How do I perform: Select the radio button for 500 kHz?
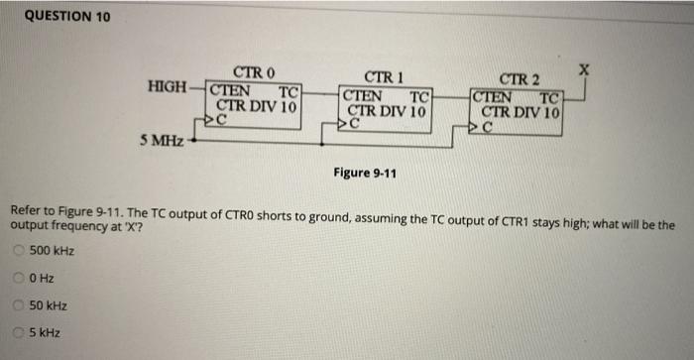pyautogui.click(x=21, y=250)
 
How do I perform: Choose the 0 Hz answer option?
pyautogui.click(x=21, y=278)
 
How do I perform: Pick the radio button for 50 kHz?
pyautogui.click(x=21, y=305)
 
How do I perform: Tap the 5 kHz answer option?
pyautogui.click(x=21, y=333)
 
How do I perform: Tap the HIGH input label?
pyautogui.click(x=167, y=87)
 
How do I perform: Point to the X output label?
pyautogui.click(x=586, y=70)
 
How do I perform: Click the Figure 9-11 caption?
pyautogui.click(x=365, y=173)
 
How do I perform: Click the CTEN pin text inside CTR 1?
pyautogui.click(x=363, y=96)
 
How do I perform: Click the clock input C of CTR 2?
pyautogui.click(x=487, y=126)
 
